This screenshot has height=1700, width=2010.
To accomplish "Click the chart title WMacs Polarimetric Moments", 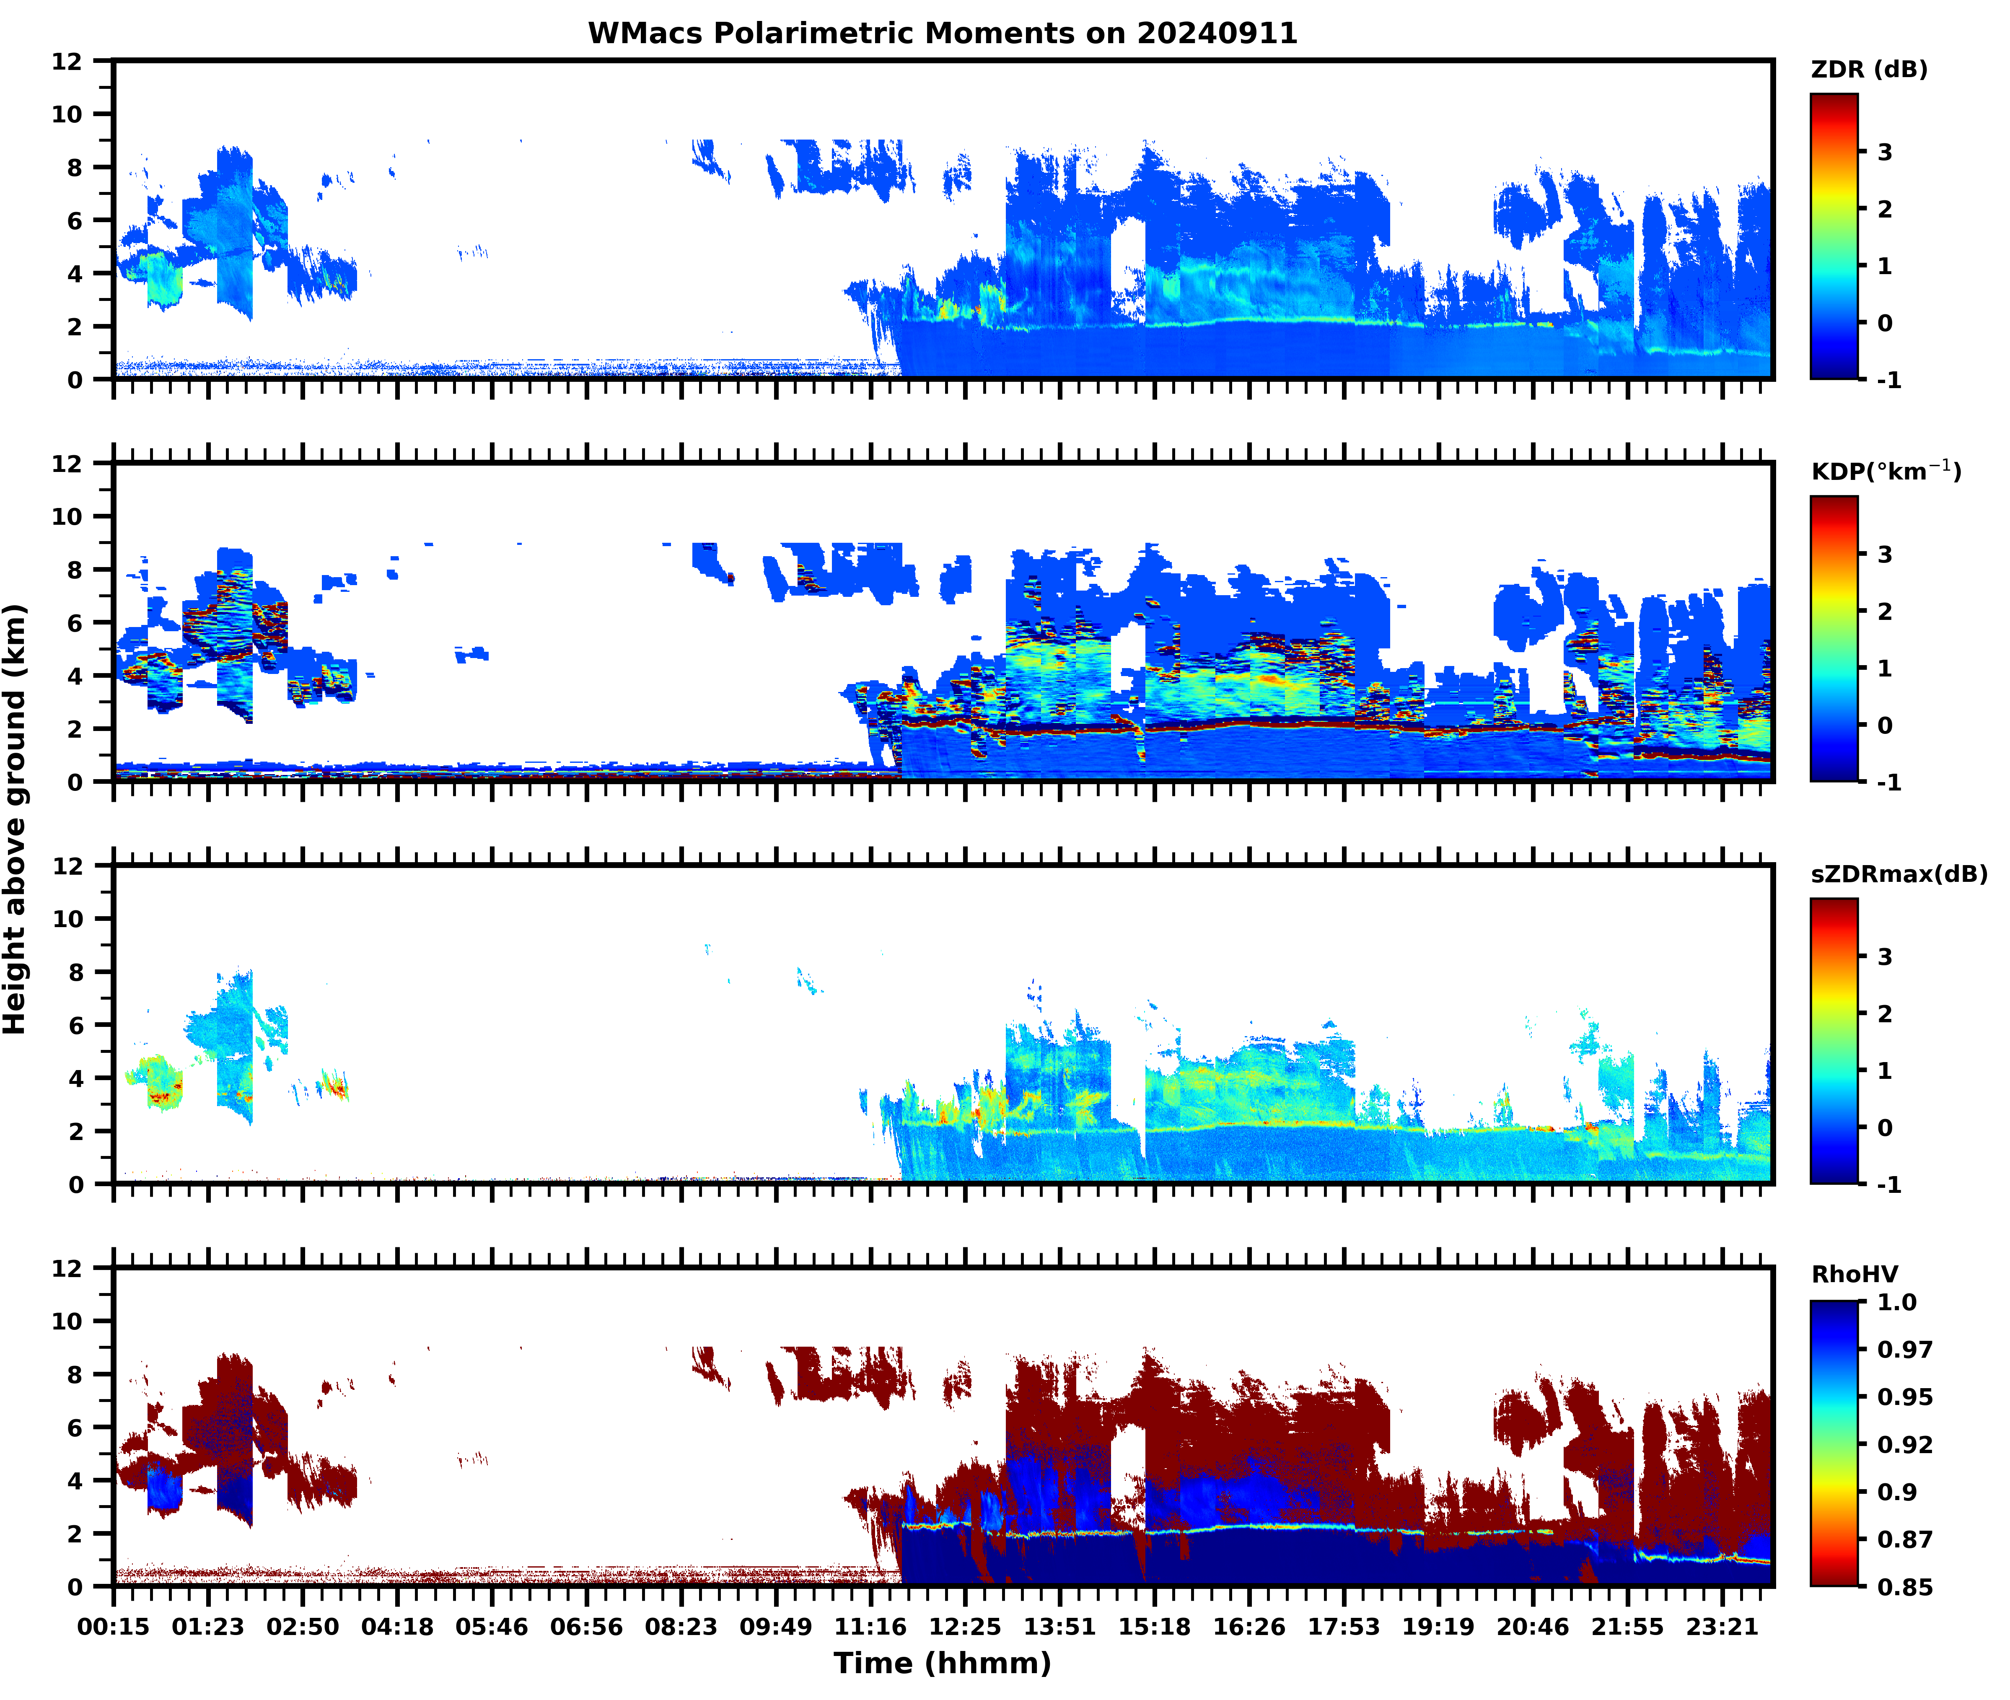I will pos(943,34).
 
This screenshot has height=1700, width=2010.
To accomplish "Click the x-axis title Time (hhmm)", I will pos(943,1664).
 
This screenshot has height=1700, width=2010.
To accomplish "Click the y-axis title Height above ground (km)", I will pos(16,819).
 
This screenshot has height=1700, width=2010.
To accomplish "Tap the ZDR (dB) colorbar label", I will pos(1869,70).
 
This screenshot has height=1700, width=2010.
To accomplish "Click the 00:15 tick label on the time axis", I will pos(114,1627).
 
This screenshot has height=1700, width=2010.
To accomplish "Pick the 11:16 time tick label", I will pos(870,1627).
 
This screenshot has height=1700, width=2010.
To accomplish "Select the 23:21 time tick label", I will pos(1722,1627).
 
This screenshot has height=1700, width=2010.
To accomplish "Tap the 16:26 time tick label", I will pos(1249,1627).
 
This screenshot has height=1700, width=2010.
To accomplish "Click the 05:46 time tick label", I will pos(492,1627).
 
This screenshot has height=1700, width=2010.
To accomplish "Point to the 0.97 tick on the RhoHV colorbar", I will pos(1904,1349).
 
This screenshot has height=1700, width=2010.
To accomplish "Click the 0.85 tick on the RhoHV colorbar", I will pos(1904,1586).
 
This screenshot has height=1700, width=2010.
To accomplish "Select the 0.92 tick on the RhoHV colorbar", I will pos(1904,1443).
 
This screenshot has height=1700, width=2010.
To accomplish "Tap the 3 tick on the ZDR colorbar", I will pos(1885,152).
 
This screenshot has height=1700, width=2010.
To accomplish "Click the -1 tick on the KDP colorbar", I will pos(1888,783).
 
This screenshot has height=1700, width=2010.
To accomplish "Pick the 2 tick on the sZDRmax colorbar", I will pos(1885,1014).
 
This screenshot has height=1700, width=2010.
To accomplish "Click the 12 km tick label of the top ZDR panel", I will pos(67,62).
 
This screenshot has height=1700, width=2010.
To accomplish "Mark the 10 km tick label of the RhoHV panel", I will pos(67,1321).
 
